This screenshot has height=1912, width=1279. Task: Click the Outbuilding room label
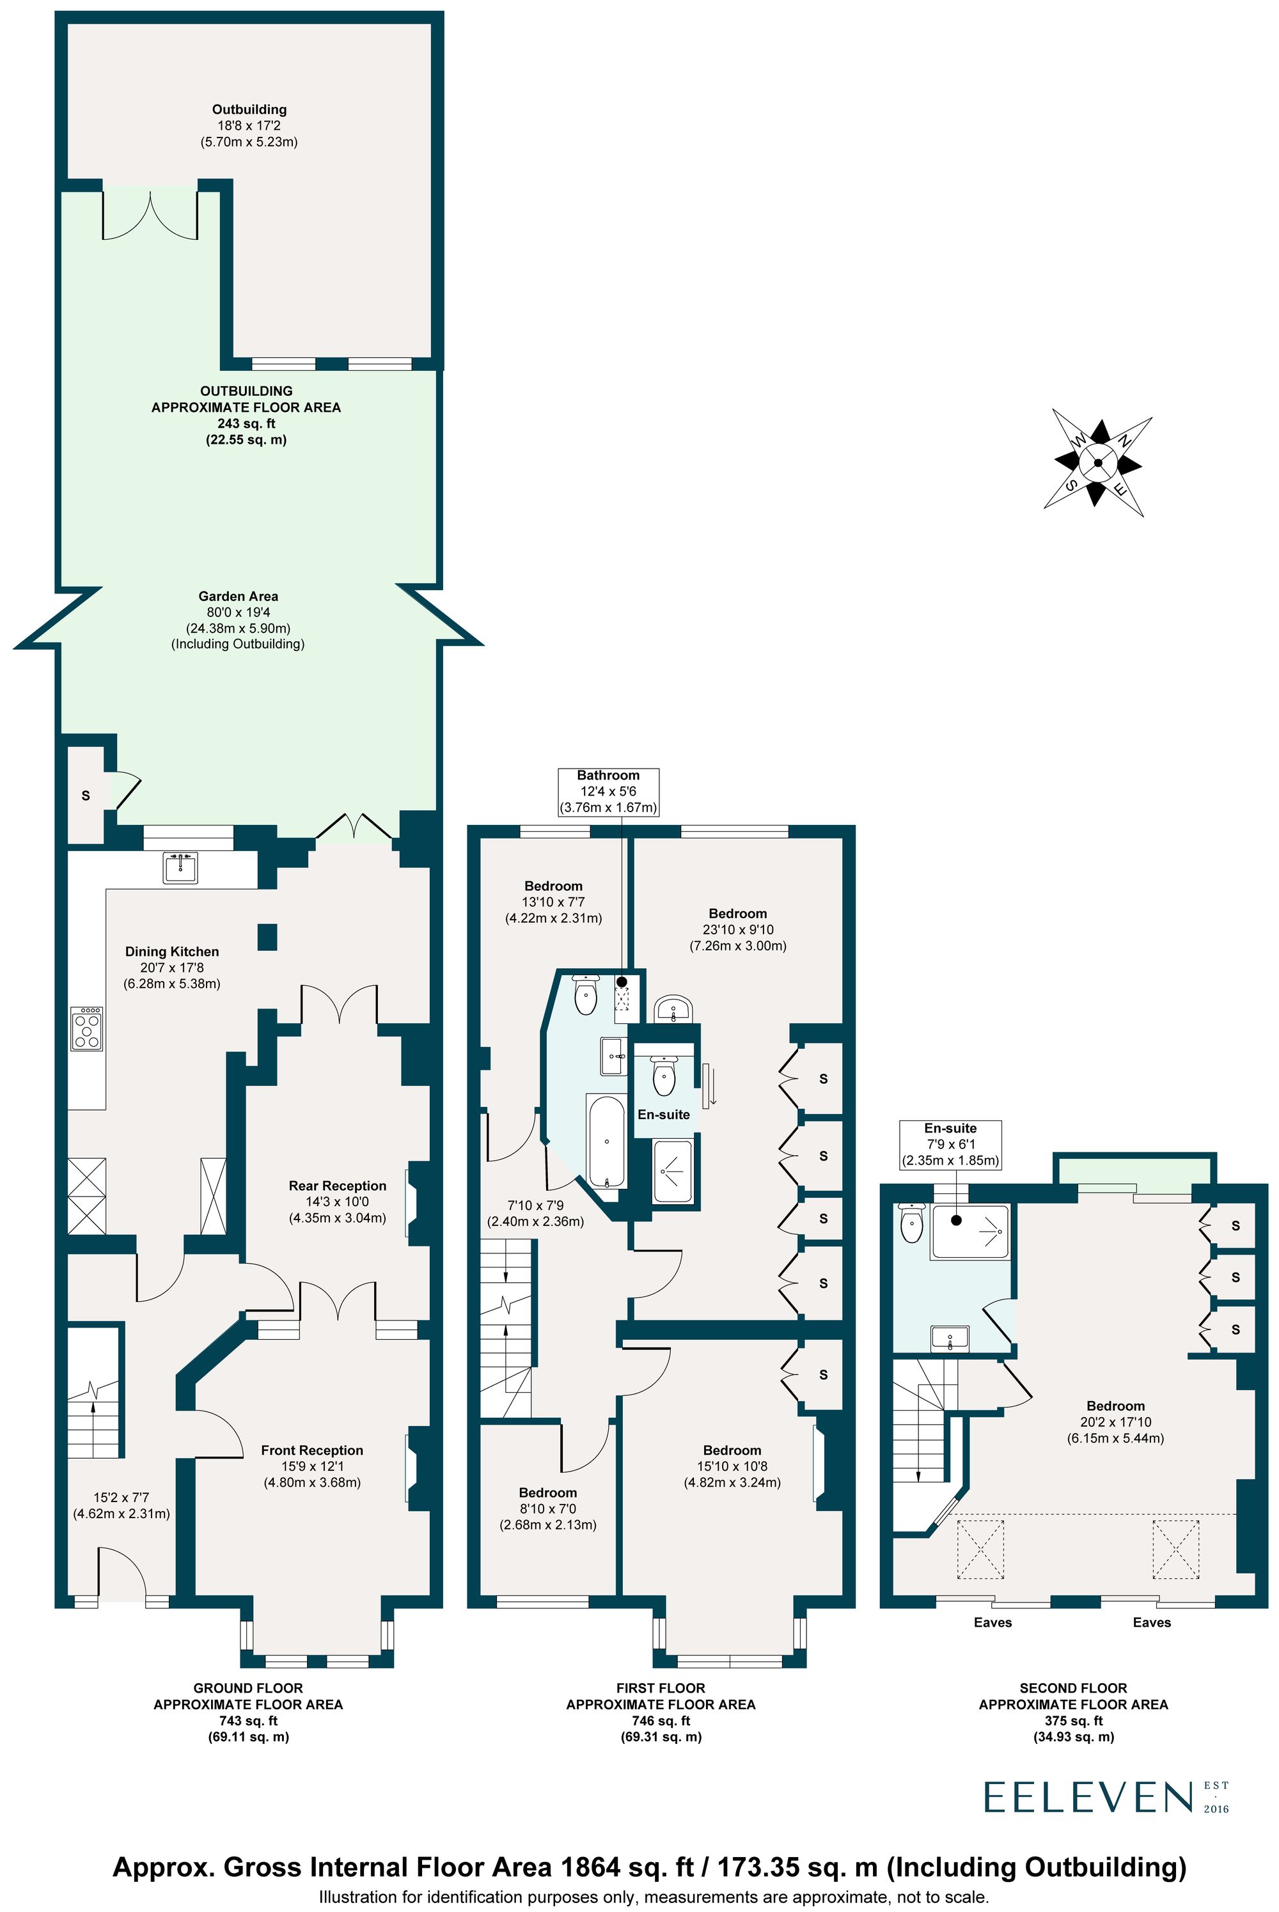point(249,109)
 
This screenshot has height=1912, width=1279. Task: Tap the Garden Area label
point(238,596)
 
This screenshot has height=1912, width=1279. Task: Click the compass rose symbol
point(1097,462)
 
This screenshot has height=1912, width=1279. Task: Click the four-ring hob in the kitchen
point(86,1030)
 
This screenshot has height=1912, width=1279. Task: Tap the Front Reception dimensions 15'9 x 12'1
point(311,1466)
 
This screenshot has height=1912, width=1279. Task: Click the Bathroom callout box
point(608,791)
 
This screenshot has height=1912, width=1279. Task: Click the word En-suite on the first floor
point(663,1114)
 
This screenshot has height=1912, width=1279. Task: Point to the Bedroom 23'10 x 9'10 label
point(737,914)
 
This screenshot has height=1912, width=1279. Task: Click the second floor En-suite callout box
point(950,1145)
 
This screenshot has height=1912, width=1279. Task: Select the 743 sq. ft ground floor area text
point(248,1720)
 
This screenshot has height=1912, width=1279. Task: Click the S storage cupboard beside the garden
point(86,795)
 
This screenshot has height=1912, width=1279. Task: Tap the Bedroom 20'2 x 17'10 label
point(1115,1406)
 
